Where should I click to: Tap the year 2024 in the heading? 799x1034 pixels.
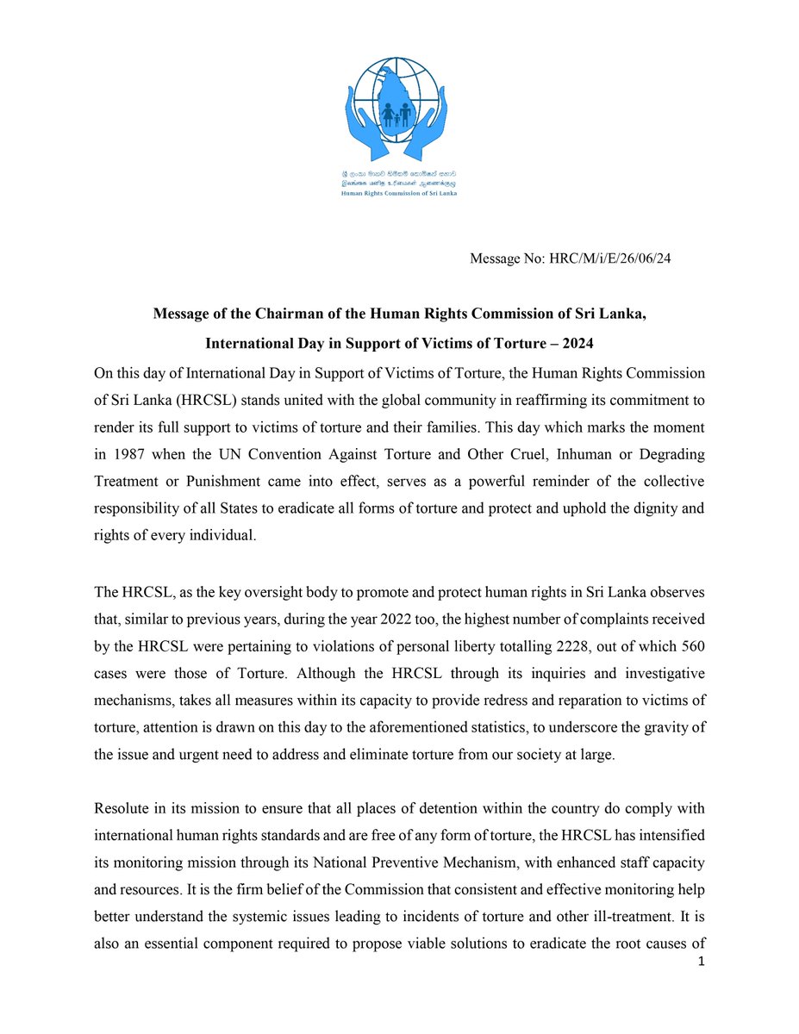tap(573, 344)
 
